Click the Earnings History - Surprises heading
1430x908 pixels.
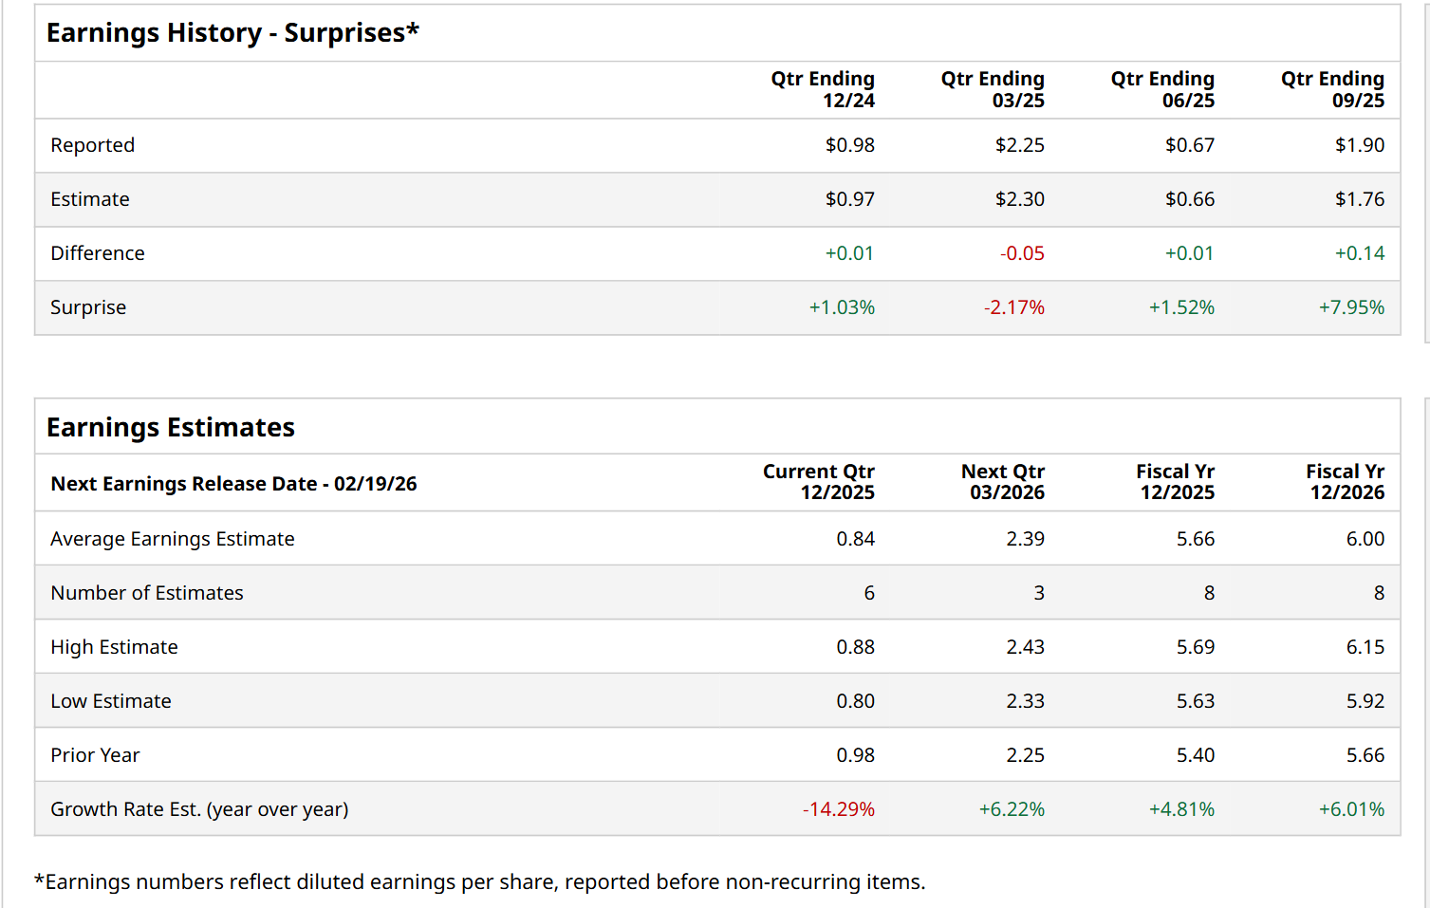coord(232,33)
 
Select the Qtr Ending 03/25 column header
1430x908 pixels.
coord(993,90)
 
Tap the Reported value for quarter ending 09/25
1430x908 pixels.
coord(1359,145)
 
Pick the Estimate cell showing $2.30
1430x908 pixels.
coord(1019,199)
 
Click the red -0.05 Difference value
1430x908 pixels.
coord(1021,253)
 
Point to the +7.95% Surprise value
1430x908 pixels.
coord(1351,307)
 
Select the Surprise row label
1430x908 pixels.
coord(88,307)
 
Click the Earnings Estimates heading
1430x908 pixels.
coord(171,428)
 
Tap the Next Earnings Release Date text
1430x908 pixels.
coord(233,484)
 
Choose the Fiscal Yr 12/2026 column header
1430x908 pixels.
coord(1346,482)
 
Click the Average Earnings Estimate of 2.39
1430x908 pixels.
coord(1025,539)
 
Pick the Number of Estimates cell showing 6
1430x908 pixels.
coord(869,593)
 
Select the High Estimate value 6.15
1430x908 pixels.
coord(1365,647)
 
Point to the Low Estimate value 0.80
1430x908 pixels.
coord(855,701)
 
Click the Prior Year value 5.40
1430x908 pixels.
coord(1195,755)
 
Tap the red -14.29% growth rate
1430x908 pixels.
coord(839,809)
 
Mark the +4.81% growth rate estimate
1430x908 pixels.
coord(1181,809)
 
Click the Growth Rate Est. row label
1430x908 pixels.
coord(199,809)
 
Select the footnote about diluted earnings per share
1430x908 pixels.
coord(479,882)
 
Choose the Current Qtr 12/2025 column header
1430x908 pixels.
coord(819,482)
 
